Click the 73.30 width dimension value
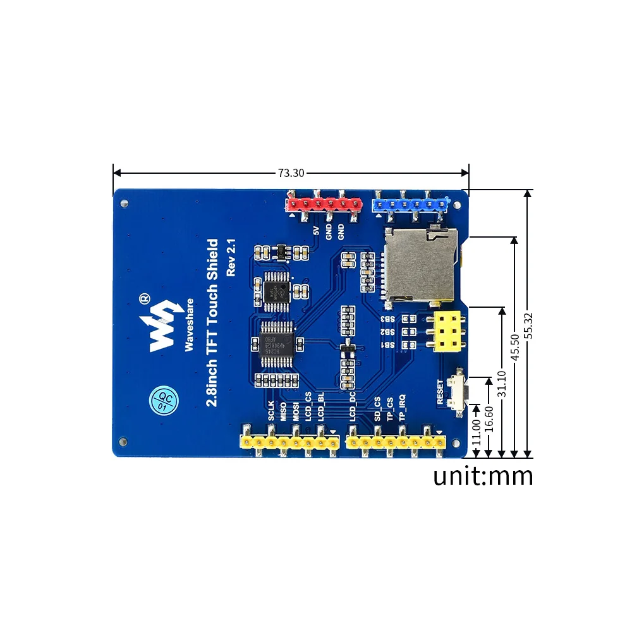(x=291, y=173)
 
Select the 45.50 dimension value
(x=515, y=346)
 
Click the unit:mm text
(x=483, y=475)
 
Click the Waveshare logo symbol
(x=161, y=324)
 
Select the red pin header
(x=323, y=204)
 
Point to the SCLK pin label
(x=271, y=411)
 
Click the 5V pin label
(x=317, y=231)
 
